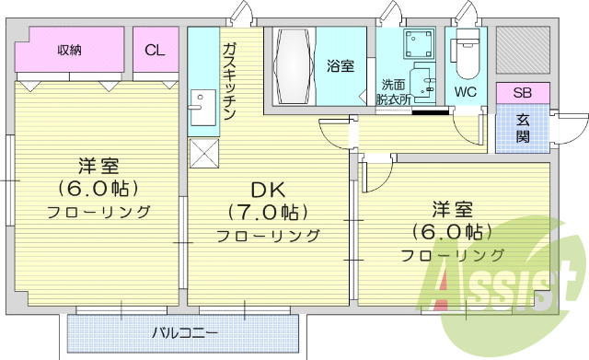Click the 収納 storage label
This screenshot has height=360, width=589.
69,50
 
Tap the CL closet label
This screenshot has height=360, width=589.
155,51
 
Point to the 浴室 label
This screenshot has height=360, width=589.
340,65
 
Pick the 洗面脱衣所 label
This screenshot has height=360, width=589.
394,92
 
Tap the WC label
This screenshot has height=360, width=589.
464,92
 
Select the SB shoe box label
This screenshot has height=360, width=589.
522,93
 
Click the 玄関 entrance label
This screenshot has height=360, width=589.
522,128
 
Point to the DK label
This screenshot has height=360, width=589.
269,191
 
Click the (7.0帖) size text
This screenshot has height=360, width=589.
269,213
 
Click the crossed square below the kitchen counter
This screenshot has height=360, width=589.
202,152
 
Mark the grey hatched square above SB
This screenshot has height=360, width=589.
522,52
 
